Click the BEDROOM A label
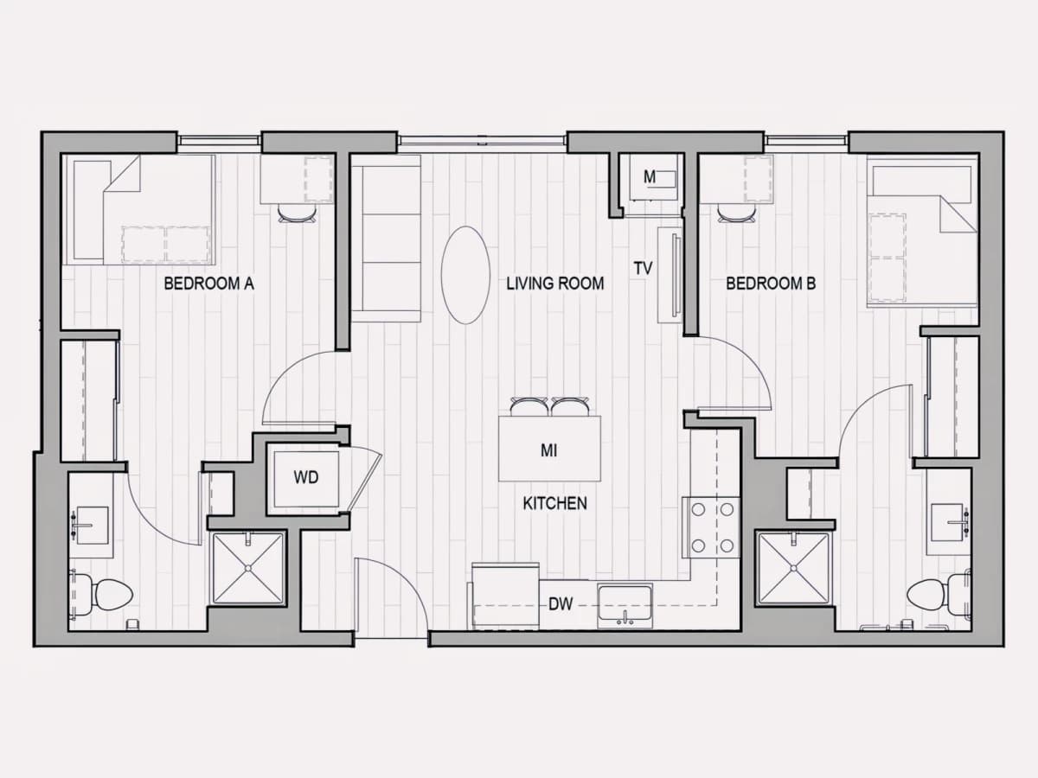[209, 284]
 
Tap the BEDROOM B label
[771, 284]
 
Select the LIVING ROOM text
[555, 284]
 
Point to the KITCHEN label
[554, 504]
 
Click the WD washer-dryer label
[306, 477]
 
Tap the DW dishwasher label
[561, 603]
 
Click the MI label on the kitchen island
[548, 450]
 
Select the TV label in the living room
[644, 268]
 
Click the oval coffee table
[465, 275]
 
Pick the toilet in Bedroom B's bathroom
[939, 595]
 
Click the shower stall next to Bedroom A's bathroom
[247, 568]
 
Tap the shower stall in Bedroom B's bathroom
[793, 568]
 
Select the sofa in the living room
[386, 239]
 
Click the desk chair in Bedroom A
[297, 213]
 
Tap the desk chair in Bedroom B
[736, 213]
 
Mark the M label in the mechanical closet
[650, 177]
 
